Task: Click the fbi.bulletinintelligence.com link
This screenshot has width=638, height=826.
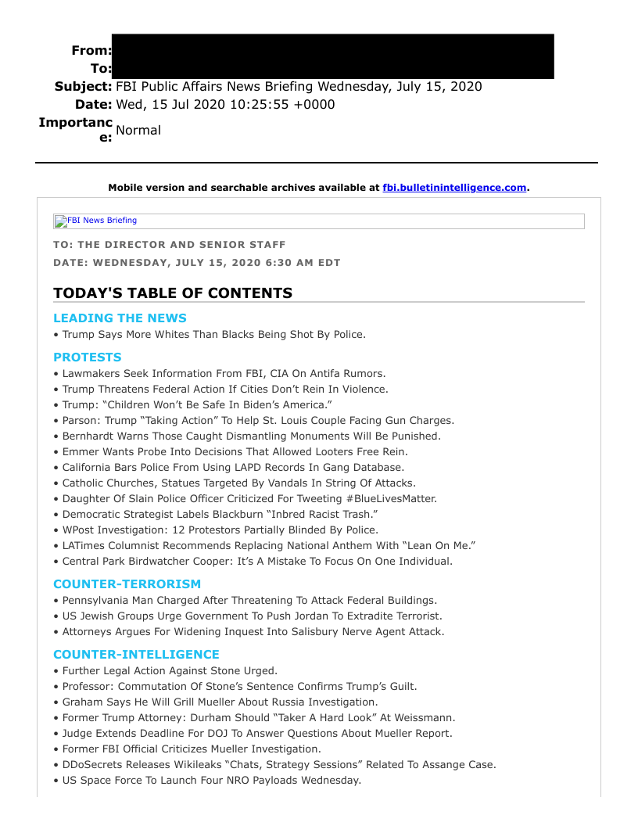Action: pos(454,188)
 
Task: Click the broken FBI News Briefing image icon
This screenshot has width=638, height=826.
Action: pos(60,221)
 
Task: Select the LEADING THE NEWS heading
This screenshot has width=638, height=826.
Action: pos(120,318)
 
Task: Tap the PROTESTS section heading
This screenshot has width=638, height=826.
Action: pos(88,357)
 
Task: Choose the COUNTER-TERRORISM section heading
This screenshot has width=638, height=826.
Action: pos(127,584)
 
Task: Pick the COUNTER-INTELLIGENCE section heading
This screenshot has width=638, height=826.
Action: pos(136,655)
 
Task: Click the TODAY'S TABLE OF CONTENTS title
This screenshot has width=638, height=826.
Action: pos(173,293)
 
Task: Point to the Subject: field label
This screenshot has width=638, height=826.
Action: pos(83,87)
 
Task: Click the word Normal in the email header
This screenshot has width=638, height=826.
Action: pos(138,131)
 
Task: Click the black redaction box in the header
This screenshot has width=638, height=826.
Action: pos(332,56)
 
